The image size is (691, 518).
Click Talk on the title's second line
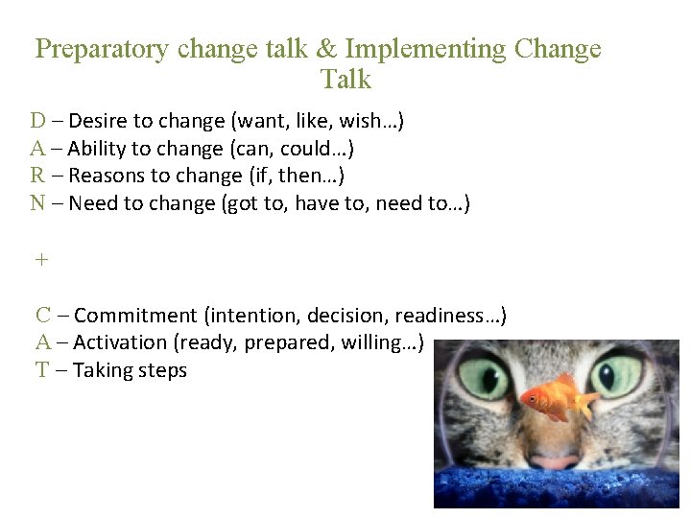345,80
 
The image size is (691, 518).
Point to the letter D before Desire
37,121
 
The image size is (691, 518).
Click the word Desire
99,122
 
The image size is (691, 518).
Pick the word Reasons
107,176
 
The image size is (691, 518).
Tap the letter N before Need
37,203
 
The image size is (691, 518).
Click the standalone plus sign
40,260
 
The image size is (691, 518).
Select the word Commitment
135,316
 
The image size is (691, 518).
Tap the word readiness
445,316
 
